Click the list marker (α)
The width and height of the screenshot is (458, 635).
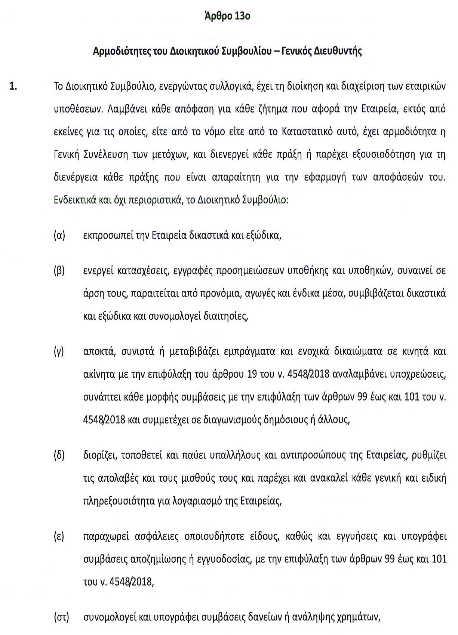tap(59, 236)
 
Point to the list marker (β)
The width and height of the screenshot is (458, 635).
tap(59, 270)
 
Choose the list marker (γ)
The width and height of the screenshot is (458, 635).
tap(59, 352)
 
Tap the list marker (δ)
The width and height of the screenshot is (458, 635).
tap(59, 455)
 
